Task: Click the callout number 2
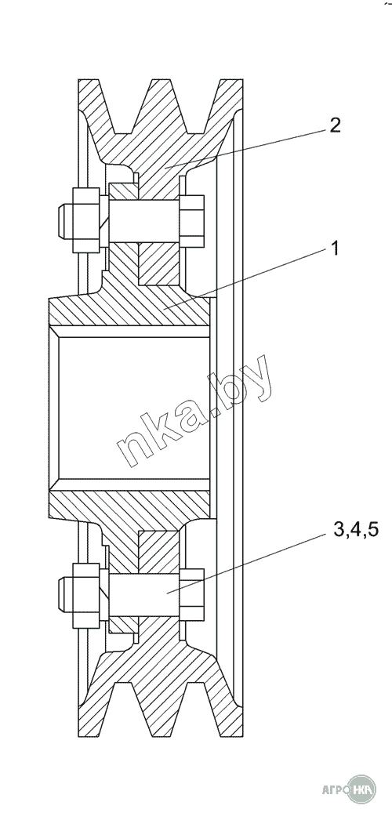[335, 125]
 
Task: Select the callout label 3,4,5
[355, 532]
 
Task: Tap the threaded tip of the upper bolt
[64, 220]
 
